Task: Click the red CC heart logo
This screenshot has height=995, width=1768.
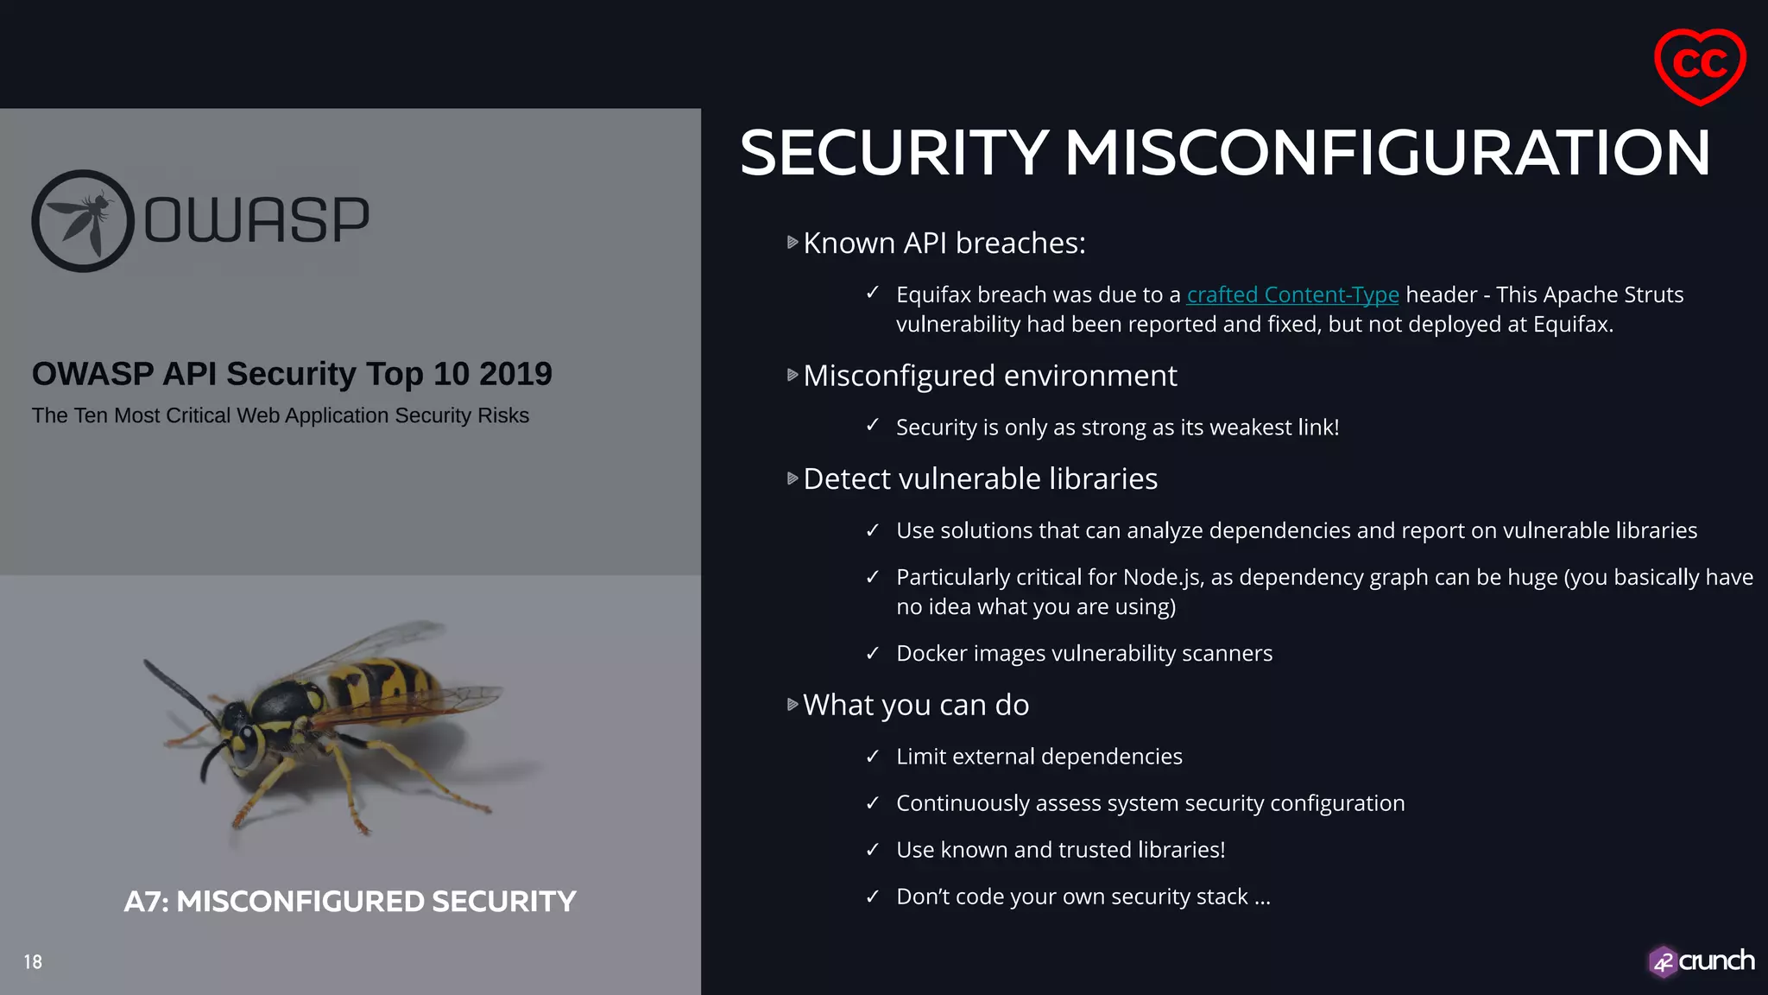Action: [1699, 66]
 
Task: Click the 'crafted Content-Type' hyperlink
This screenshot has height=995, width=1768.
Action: [1292, 295]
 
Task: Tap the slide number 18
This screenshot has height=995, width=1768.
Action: [33, 962]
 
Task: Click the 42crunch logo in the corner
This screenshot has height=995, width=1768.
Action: [1701, 961]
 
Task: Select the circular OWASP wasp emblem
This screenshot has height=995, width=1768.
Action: [83, 221]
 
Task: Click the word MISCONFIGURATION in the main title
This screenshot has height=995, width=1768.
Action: [1386, 153]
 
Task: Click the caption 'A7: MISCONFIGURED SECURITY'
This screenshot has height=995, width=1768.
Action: [350, 902]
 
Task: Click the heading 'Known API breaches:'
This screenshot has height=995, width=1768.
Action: [944, 244]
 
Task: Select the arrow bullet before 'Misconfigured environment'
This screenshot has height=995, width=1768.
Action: [792, 375]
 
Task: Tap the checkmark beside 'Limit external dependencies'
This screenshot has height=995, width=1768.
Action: [873, 757]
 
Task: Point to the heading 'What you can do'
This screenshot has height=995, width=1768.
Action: [915, 705]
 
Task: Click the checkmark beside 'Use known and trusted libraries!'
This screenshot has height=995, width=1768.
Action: [873, 850]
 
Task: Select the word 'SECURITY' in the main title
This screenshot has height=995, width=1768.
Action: [894, 153]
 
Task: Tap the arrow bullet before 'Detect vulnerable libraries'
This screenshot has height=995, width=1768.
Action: [792, 478]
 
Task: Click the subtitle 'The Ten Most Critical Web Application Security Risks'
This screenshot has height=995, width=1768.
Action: [281, 415]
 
